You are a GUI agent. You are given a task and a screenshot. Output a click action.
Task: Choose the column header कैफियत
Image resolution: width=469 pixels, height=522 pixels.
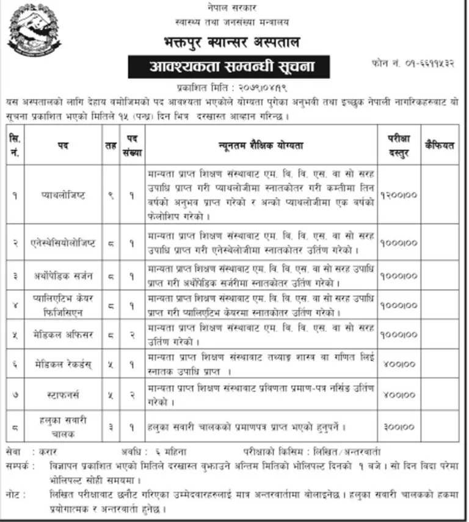tap(440, 146)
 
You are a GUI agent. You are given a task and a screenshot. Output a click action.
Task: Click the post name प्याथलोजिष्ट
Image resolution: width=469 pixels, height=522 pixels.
tap(68, 196)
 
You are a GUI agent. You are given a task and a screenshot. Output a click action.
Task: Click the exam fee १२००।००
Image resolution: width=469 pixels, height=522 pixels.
tap(398, 196)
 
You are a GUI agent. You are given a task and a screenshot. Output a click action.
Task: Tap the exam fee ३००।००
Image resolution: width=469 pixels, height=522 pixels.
tap(398, 427)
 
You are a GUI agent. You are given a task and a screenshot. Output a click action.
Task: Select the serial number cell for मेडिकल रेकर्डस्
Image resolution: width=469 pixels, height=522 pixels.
tap(14, 366)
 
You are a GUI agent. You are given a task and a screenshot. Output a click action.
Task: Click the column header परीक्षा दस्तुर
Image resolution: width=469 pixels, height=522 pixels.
tap(398, 146)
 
